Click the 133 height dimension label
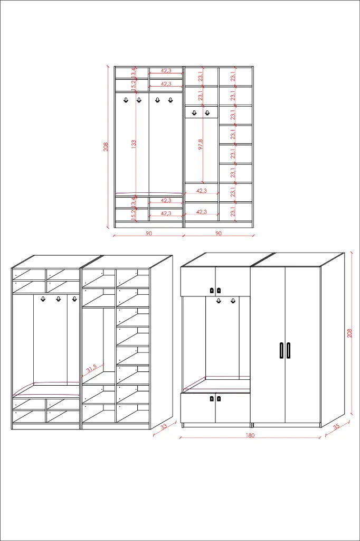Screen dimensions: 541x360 click(x=134, y=143)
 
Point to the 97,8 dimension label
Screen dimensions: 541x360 click(x=201, y=144)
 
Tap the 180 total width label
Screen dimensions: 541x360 click(x=250, y=436)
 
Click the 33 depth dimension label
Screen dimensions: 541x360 click(x=164, y=427)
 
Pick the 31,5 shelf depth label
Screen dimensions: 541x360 click(x=91, y=368)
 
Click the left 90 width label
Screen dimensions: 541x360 click(x=149, y=233)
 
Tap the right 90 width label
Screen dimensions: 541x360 click(x=218, y=233)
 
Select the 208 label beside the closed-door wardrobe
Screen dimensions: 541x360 click(x=349, y=333)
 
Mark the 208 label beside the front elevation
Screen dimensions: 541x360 click(x=106, y=146)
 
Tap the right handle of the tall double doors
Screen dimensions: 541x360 click(x=289, y=350)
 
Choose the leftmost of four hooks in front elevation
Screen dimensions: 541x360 click(x=126, y=100)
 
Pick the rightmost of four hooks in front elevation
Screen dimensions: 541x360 click(x=170, y=100)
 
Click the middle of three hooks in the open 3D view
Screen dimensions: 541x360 click(x=58, y=300)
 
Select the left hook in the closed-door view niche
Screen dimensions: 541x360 click(x=219, y=301)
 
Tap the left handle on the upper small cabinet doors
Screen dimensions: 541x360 click(x=212, y=290)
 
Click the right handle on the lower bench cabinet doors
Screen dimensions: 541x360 click(x=219, y=398)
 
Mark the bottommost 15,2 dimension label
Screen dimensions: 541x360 click(x=134, y=214)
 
